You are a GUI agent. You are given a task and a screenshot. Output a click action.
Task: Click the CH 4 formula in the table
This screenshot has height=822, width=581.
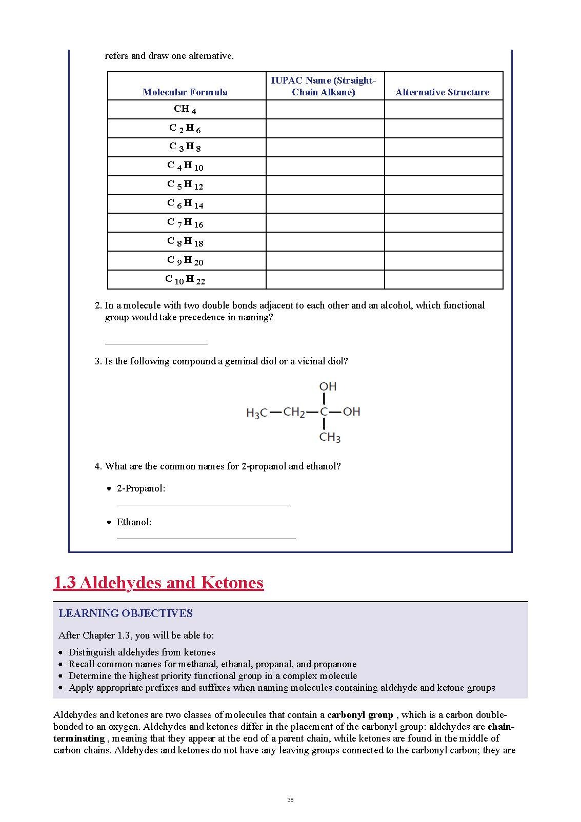coord(185,109)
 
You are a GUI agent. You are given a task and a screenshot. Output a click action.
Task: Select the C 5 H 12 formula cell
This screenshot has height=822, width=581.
coord(185,185)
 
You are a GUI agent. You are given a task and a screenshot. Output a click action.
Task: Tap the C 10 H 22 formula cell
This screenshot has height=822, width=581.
coord(185,280)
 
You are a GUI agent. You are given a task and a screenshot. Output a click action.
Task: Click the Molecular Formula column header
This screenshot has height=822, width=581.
coord(185,92)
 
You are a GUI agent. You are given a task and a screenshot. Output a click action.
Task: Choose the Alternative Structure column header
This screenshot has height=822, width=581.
coord(442,92)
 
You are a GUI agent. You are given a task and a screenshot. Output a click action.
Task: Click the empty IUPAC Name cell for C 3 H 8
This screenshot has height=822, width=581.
coord(325,147)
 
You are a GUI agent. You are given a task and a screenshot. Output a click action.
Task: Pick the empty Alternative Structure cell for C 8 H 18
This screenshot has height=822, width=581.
coord(443,242)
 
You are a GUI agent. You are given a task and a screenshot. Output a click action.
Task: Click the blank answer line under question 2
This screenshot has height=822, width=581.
coord(156,343)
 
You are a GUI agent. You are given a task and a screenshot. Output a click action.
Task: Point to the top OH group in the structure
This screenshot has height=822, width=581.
coord(328,386)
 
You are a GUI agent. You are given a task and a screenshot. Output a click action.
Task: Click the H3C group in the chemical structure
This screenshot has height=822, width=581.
coord(257,413)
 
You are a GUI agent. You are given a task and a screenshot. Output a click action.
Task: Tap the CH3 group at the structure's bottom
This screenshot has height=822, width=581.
coord(330,437)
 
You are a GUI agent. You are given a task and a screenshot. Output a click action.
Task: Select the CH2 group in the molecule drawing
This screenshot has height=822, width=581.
coord(294,412)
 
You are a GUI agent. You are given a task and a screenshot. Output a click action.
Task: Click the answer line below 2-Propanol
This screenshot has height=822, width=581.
coord(203,504)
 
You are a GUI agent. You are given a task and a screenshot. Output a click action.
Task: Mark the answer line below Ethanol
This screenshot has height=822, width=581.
coord(206,538)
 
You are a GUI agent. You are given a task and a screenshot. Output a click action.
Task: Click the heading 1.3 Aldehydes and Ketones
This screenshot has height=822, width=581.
coord(158,583)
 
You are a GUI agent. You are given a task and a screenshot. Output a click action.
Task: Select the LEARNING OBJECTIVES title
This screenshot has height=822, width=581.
coord(126,613)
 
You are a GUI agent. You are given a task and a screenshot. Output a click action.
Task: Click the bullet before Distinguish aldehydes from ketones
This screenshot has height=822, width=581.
coord(61,653)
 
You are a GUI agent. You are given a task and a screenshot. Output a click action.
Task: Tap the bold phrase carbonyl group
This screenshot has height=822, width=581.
coord(360,715)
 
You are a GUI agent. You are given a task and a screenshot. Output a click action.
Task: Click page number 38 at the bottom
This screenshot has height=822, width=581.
coord(291,800)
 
